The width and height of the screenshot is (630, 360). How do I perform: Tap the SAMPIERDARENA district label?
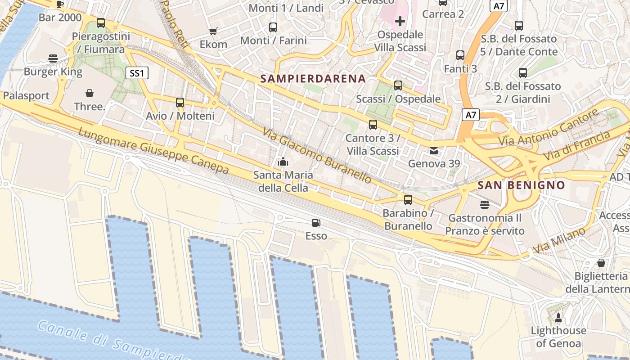[313, 79]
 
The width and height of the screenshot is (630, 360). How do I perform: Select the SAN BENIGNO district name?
[521, 185]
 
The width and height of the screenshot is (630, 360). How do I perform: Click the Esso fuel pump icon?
[316, 222]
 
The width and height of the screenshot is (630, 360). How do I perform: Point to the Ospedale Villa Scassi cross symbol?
[400, 21]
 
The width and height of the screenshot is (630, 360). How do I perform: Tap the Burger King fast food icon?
[53, 58]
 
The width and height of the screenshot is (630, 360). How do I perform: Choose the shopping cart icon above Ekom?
[213, 31]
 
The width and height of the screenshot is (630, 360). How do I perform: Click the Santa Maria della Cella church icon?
[283, 161]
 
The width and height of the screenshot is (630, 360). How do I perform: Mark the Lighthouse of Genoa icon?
[558, 318]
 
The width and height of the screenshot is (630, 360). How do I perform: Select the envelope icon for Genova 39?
[434, 151]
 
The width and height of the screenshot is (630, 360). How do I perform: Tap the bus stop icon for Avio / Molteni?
[180, 103]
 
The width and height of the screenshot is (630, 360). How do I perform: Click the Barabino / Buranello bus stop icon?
[408, 200]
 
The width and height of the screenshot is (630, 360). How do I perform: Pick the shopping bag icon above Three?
[90, 93]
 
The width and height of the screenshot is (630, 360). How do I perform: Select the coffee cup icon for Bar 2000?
[60, 4]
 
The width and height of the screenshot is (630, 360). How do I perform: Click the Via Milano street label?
[559, 240]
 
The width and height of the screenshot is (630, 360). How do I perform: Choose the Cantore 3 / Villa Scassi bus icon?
[373, 125]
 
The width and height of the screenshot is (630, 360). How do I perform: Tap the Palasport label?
[26, 96]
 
